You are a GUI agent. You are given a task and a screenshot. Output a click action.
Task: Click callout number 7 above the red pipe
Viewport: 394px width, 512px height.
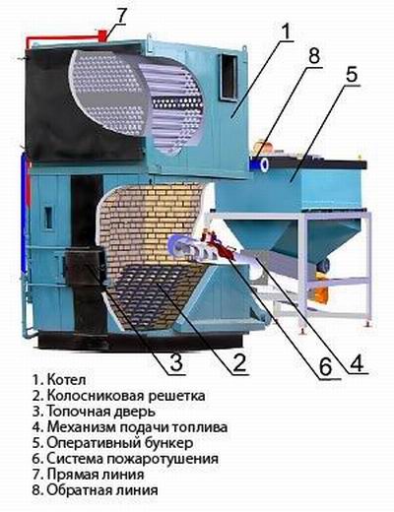[121, 15]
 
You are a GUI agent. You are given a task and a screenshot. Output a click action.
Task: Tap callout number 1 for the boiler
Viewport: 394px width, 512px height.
[285, 32]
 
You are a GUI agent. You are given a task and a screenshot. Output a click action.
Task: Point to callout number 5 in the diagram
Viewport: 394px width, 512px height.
[350, 74]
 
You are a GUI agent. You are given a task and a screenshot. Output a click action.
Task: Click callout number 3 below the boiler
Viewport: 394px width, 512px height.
[175, 362]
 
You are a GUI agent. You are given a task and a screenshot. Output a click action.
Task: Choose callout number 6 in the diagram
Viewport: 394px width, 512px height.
[326, 367]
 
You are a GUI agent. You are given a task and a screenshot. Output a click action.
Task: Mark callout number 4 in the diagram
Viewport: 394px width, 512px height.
[356, 362]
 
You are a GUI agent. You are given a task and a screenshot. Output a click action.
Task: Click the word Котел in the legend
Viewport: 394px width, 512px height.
[67, 380]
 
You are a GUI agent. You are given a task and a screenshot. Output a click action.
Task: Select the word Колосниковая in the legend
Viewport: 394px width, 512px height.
[96, 396]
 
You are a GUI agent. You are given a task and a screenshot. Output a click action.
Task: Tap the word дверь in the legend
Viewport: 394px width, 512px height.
[135, 412]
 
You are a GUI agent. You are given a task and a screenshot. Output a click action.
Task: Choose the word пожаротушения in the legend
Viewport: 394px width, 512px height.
[164, 459]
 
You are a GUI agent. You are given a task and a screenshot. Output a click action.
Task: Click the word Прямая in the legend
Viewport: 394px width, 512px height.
[73, 475]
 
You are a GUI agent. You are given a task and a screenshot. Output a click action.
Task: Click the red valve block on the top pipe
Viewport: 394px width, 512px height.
[103, 35]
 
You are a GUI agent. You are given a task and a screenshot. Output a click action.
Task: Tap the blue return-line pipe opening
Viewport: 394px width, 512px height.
[263, 163]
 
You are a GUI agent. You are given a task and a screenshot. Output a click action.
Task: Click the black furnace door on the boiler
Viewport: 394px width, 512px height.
[85, 265]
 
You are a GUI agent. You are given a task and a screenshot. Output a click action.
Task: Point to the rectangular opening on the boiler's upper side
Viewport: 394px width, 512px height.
[229, 77]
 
